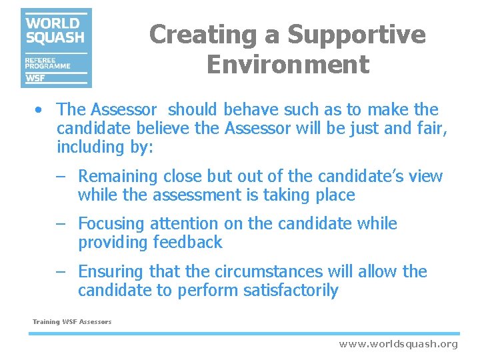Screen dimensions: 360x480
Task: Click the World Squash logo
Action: [56, 47]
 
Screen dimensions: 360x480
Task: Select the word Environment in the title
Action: [287, 65]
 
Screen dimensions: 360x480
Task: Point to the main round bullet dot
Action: [41, 109]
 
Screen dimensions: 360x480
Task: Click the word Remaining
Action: [118, 177]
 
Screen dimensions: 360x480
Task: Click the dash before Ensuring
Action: [61, 272]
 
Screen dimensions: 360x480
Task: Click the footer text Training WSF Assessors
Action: [72, 322]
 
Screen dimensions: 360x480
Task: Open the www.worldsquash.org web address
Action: [398, 344]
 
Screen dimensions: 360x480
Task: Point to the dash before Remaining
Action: [61, 177]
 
